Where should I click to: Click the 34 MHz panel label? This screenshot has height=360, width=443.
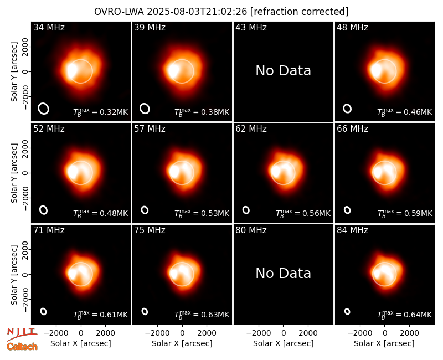pyautogui.click(x=49, y=27)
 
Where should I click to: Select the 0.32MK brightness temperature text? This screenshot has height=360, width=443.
pyautogui.click(x=101, y=112)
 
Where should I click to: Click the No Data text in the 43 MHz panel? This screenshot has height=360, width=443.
pyautogui.click(x=283, y=70)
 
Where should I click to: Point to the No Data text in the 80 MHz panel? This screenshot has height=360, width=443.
pyautogui.click(x=283, y=273)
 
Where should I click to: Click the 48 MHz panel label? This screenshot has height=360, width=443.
pyautogui.click(x=352, y=27)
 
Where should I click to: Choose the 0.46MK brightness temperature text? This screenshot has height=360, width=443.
pyautogui.click(x=405, y=112)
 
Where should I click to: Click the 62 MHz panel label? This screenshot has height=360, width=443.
pyautogui.click(x=251, y=129)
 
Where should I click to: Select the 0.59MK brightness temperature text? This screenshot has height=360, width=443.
pyautogui.click(x=405, y=213)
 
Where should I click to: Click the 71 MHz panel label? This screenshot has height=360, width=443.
pyautogui.click(x=49, y=230)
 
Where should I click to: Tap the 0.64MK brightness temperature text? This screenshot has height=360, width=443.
pyautogui.click(x=405, y=315)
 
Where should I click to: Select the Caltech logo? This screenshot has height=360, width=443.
pyautogui.click(x=22, y=347)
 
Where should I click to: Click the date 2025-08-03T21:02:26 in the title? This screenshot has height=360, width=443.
pyautogui.click(x=197, y=12)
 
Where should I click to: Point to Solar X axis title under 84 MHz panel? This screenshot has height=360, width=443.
pyautogui.click(x=384, y=343)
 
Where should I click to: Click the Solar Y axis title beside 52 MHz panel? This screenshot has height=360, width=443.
pyautogui.click(x=14, y=173)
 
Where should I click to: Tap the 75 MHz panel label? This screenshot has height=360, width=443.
pyautogui.click(x=150, y=230)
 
